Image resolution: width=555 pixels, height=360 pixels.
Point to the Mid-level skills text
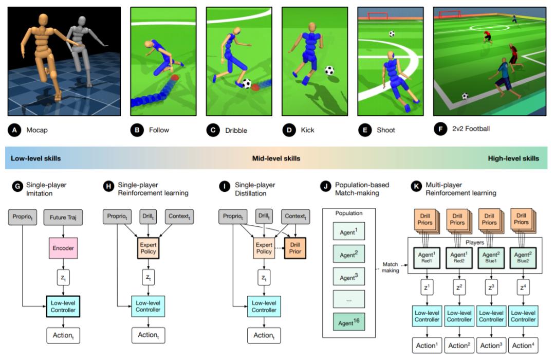coord(276,158)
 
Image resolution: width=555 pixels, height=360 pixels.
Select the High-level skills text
coord(513,158)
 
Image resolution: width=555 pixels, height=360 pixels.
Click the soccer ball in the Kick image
coord(329,70)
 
